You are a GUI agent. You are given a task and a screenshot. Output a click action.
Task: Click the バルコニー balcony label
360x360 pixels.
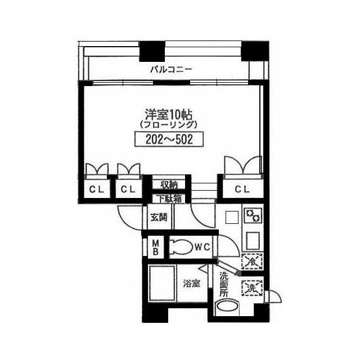pos(171,69)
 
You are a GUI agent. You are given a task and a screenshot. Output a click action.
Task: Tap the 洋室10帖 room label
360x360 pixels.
pos(169,115)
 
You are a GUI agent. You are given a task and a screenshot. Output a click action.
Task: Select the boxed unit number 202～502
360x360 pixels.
pos(169,139)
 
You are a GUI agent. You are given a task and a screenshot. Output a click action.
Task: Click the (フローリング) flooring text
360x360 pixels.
pos(169,125)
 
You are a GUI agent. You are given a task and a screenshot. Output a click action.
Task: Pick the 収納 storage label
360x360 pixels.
pos(169,184)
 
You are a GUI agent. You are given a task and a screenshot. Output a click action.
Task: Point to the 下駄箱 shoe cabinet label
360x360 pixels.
pos(169,199)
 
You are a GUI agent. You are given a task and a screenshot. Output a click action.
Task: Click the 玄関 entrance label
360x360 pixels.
pos(159,218)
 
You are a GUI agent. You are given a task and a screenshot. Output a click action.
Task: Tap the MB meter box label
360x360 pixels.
pos(156,247)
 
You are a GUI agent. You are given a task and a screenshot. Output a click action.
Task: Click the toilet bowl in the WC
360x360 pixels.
pos(181,247)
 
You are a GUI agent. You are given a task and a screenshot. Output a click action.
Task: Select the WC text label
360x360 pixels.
pos(202,247)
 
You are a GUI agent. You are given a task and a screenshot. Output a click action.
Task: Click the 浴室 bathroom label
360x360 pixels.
pos(192,283)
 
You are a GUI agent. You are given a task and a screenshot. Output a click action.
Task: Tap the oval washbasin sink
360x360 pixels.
pos(227,307)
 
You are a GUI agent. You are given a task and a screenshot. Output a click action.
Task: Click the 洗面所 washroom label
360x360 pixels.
pos(224,284)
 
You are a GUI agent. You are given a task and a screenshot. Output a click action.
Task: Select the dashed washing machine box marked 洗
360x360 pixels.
pos(252,287)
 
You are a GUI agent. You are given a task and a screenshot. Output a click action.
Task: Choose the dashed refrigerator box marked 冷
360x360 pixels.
pos(252,261)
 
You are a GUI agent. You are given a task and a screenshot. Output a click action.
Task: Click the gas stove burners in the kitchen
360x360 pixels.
pos(253,215)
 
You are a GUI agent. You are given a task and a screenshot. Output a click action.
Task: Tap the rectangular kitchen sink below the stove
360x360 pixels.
pos(253,241)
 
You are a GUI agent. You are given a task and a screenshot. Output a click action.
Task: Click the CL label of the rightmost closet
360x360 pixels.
pos(242,189)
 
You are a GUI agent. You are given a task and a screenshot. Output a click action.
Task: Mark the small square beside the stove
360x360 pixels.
pos(232,217)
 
